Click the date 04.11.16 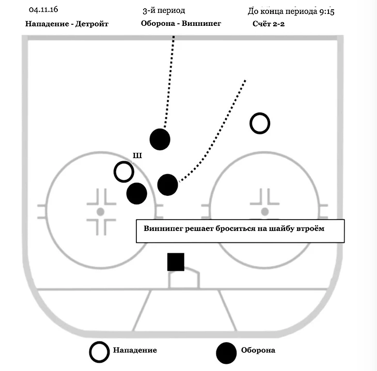click(x=43, y=10)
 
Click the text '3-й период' click(x=164, y=10)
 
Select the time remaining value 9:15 click(x=324, y=11)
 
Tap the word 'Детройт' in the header click(x=93, y=24)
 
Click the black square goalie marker click(x=176, y=262)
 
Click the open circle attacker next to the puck click(x=123, y=172)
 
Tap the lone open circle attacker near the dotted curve click(x=260, y=123)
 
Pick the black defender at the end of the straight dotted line click(x=160, y=138)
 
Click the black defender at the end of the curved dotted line click(x=167, y=184)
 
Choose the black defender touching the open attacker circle click(x=137, y=193)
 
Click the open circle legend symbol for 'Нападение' click(x=99, y=351)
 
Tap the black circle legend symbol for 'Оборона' click(x=227, y=352)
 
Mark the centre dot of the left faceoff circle click(x=100, y=212)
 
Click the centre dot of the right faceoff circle click(x=265, y=211)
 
